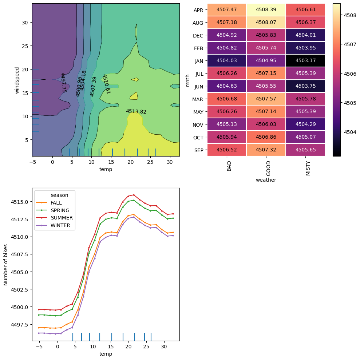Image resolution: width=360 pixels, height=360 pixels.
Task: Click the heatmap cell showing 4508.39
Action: (266, 10)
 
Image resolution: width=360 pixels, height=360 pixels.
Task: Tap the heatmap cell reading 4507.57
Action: (266, 99)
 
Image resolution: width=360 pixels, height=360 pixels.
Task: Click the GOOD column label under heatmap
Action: (269, 168)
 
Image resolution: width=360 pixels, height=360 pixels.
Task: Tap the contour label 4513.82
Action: (136, 112)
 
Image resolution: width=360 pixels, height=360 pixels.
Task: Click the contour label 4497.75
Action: (63, 82)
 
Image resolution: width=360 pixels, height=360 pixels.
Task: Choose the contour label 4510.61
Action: (106, 84)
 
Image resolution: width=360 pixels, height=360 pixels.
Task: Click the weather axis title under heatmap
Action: (266, 180)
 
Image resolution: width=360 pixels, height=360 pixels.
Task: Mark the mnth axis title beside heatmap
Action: (188, 80)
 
